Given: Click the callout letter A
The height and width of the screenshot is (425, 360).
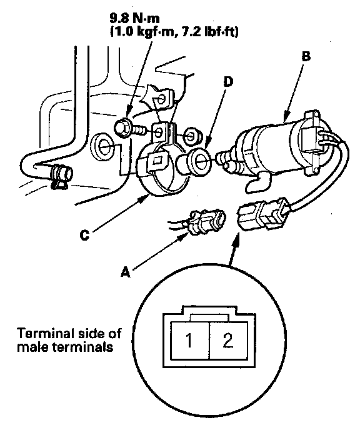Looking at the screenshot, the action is click(x=125, y=272).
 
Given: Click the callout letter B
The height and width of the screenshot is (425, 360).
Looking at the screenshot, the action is click(x=306, y=56).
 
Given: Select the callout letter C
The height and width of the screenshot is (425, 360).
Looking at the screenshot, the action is click(x=84, y=235).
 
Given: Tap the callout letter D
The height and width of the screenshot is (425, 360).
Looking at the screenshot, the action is click(x=228, y=82).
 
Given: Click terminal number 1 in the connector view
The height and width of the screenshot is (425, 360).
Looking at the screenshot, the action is click(x=189, y=341).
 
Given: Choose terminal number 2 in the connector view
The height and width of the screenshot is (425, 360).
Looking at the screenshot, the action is click(x=227, y=341).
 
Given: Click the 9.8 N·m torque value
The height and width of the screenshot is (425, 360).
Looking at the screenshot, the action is click(x=134, y=18).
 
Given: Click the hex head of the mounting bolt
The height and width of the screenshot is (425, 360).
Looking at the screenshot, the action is click(x=121, y=127).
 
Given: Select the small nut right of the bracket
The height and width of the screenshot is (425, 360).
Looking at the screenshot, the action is click(x=192, y=134).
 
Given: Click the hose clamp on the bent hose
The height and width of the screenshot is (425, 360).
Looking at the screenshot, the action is click(x=61, y=176).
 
